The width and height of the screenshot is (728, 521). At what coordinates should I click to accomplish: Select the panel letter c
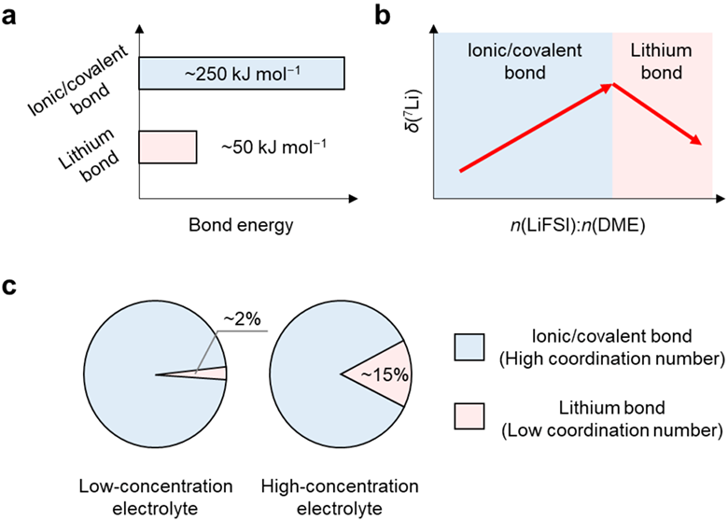tap(8, 286)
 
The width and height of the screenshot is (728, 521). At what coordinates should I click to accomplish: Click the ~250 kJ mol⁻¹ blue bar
tap(242, 73)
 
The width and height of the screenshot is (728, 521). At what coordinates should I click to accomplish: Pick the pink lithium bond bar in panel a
tap(168, 148)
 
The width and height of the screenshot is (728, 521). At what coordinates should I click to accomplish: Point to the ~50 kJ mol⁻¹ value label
tap(273, 147)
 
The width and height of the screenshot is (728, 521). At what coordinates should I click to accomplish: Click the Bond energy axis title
tap(241, 225)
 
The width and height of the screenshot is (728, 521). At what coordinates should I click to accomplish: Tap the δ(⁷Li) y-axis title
tap(413, 109)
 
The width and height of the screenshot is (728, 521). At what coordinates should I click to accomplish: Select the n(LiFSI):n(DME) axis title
tap(578, 226)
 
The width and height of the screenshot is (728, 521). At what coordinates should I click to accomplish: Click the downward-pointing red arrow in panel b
tap(658, 114)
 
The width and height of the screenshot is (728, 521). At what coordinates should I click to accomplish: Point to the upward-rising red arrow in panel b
tap(537, 128)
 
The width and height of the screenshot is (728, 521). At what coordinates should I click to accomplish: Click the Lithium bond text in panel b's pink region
tap(661, 62)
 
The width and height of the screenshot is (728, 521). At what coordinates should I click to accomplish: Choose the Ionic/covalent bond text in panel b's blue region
tap(525, 62)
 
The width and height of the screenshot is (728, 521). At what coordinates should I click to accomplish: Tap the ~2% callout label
tap(242, 319)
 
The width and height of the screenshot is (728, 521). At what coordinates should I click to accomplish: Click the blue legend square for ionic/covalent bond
tap(469, 347)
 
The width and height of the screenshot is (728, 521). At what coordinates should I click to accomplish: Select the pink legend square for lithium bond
tap(469, 415)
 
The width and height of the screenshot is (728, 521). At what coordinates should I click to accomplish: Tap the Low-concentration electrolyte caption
tap(156, 498)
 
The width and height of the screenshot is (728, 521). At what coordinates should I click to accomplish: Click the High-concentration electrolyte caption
tap(340, 498)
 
